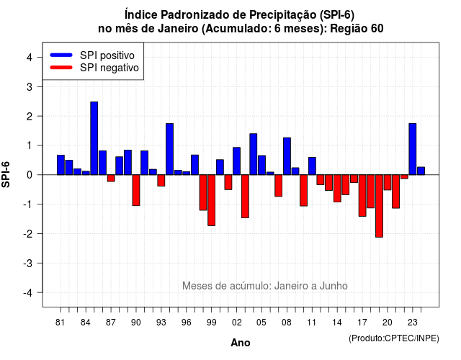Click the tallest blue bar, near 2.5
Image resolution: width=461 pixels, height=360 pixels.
(94, 138)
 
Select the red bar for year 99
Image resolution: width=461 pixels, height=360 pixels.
(211, 200)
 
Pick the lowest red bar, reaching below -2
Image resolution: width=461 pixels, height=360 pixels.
(380, 206)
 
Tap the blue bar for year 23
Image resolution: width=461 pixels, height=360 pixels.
(413, 149)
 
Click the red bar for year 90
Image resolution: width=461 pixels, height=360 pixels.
(136, 190)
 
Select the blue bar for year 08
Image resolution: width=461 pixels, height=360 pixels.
(287, 156)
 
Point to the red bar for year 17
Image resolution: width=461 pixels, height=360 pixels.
(362, 195)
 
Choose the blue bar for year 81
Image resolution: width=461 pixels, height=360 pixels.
(61, 165)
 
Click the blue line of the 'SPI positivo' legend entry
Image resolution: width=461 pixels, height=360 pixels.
(61, 55)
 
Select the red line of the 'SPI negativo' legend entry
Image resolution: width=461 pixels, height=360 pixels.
(61, 68)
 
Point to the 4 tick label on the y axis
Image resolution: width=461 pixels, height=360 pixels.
(30, 58)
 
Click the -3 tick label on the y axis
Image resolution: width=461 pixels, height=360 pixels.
(28, 263)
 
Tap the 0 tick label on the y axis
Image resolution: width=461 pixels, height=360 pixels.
(30, 175)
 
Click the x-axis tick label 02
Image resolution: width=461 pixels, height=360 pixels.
(237, 323)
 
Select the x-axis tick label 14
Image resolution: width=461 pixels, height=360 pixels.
(337, 323)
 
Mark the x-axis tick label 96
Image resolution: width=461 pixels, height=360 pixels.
(187, 323)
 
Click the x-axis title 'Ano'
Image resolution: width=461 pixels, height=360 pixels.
(241, 343)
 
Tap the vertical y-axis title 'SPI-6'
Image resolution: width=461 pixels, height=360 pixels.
(6, 174)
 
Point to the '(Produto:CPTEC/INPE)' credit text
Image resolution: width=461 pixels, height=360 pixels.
(394, 338)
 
